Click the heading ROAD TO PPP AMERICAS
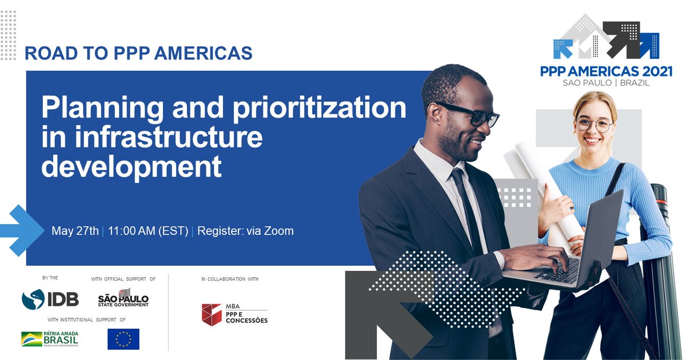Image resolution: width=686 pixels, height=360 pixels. tap(138, 53)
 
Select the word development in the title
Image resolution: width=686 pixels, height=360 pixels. tap(131, 167)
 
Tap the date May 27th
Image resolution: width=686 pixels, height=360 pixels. tap(75, 231)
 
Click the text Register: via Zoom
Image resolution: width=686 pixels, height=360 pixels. tap(245, 231)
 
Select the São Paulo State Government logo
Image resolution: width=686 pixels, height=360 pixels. tap(123, 298)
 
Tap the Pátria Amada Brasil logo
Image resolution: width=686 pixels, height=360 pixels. tap(50, 339)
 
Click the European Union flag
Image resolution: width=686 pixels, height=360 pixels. tap(123, 339)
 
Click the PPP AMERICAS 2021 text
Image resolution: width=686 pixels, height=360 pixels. tap(606, 71)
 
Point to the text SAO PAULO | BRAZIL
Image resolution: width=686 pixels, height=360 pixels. tap(606, 83)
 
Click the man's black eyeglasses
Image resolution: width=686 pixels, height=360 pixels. tap(474, 115)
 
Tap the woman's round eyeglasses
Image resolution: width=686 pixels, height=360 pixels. tap(593, 123)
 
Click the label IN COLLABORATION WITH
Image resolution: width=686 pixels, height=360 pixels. tap(230, 279)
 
